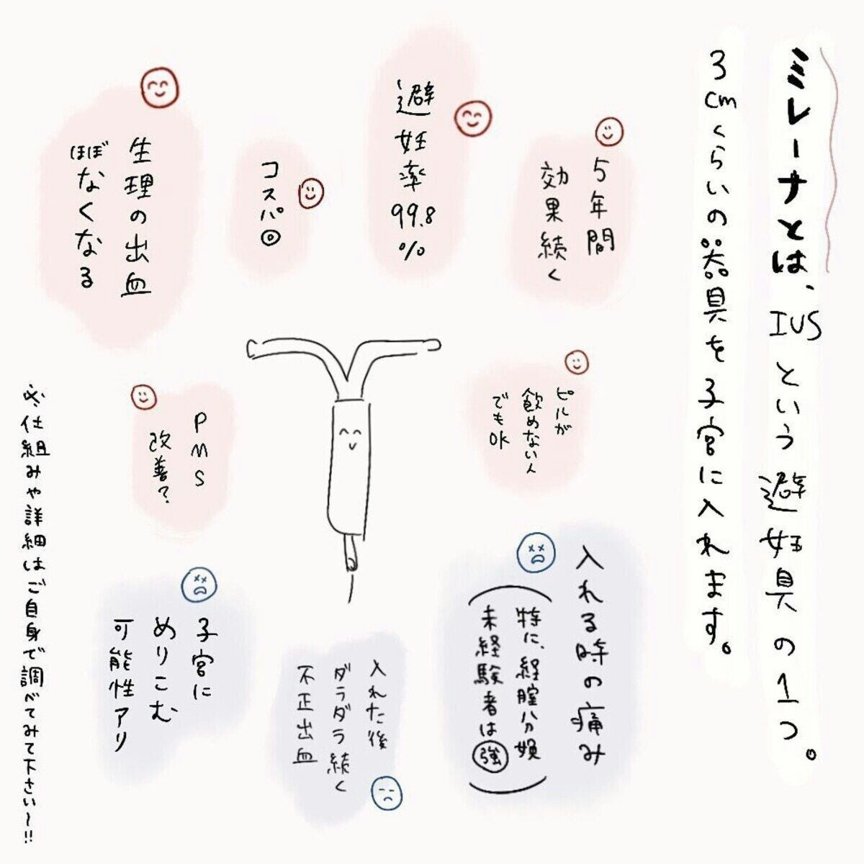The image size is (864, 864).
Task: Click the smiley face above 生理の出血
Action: click(160, 88)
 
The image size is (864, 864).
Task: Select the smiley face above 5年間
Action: click(610, 131)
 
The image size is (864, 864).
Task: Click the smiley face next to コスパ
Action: click(311, 193)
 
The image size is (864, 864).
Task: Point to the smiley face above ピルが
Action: click(577, 362)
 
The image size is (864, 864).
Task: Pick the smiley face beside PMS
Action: click(143, 397)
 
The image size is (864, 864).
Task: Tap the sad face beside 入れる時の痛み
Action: click(536, 554)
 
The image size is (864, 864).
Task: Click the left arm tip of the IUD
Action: click(251, 349)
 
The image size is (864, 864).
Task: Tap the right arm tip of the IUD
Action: click(436, 345)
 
